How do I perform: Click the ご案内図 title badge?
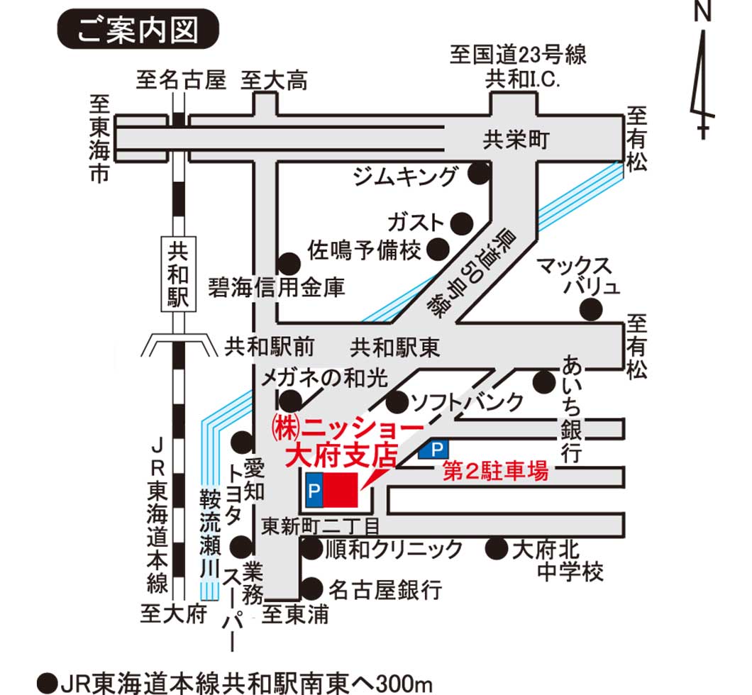click(138, 30)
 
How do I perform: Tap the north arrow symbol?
click(702, 71)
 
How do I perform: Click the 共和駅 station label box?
click(177, 274)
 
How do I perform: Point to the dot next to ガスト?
click(462, 222)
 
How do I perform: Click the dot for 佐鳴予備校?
click(438, 249)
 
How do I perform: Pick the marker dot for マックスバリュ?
click(590, 310)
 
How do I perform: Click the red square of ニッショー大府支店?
click(343, 491)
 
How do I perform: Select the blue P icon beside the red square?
click(314, 491)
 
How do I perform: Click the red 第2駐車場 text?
click(495, 472)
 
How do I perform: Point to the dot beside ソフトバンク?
click(397, 401)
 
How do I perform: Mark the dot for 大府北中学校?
click(496, 547)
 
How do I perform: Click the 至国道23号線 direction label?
click(518, 55)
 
